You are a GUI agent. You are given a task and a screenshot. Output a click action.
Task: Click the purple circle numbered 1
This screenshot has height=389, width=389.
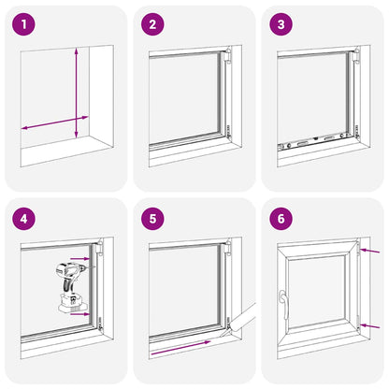23,24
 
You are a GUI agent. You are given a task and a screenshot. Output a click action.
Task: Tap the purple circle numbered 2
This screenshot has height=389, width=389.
152,24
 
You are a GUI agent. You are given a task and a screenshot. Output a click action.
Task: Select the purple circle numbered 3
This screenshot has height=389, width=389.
281,24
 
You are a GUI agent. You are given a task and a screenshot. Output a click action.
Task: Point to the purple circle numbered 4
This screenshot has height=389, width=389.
23,219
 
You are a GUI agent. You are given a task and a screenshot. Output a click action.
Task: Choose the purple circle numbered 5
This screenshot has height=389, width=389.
152,219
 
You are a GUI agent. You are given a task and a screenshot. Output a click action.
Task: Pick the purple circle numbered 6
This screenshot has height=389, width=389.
281,219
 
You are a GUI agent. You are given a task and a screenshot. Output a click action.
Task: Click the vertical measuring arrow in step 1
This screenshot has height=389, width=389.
77,93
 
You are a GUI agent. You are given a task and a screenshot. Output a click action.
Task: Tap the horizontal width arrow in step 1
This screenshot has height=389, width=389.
55,122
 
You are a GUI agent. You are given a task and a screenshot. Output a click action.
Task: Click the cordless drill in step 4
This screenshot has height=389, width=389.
74,288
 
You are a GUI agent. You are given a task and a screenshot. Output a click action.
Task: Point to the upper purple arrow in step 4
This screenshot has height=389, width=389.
79,258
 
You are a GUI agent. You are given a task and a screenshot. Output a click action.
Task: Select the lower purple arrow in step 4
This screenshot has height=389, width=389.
79,314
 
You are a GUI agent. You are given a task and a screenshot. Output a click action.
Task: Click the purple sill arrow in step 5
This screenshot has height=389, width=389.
180,348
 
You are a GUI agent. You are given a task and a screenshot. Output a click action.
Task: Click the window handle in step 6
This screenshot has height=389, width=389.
283,304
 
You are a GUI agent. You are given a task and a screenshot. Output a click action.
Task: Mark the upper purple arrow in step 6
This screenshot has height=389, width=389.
369,251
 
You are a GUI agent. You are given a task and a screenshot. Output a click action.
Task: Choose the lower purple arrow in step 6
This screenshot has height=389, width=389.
369,326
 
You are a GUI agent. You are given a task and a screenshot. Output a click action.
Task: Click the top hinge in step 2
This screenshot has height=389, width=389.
228,55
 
